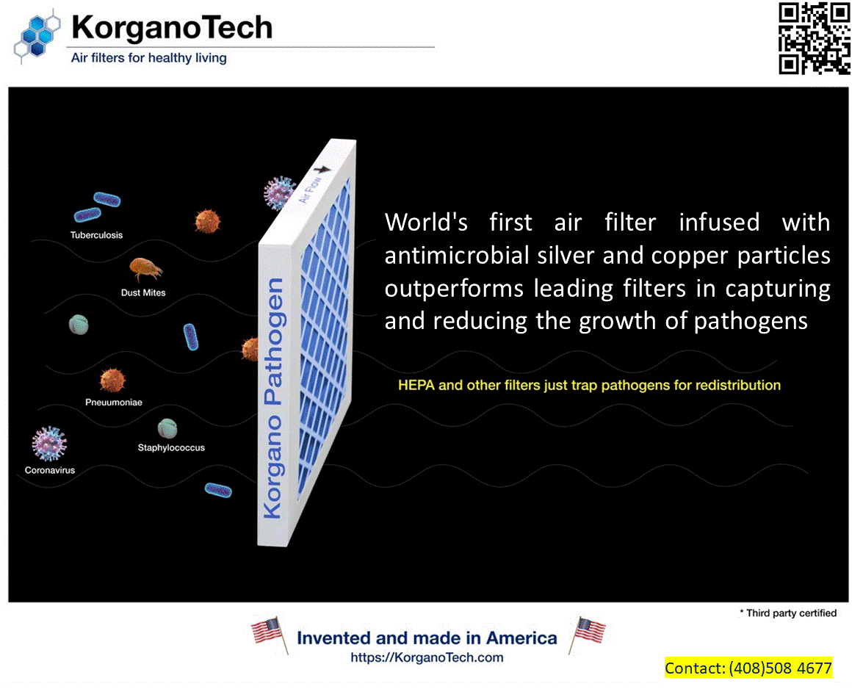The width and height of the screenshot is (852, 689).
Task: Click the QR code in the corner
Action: tap(814, 38)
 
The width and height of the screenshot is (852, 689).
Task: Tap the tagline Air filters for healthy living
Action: tap(148, 58)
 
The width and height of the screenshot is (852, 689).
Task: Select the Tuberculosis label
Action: tap(96, 236)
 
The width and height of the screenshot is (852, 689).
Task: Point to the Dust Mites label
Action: tap(143, 292)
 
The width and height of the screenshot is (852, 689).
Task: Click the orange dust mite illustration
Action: tap(145, 269)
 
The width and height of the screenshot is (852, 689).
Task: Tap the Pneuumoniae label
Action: tap(113, 403)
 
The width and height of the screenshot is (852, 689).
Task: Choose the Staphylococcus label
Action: tap(171, 447)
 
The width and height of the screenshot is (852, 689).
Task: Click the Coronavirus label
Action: tap(50, 470)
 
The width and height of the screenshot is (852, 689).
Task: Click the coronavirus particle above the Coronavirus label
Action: tap(49, 444)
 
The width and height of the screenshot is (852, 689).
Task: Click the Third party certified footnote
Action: tap(787, 613)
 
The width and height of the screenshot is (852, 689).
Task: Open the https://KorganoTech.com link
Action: tap(427, 657)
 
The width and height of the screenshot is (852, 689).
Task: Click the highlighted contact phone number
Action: tap(780, 668)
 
